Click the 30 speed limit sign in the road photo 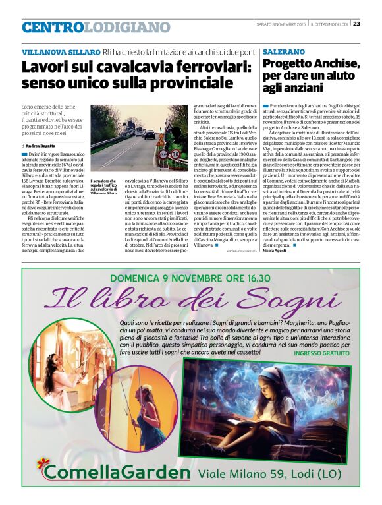[175, 154]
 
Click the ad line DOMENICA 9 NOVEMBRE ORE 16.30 [191, 278]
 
